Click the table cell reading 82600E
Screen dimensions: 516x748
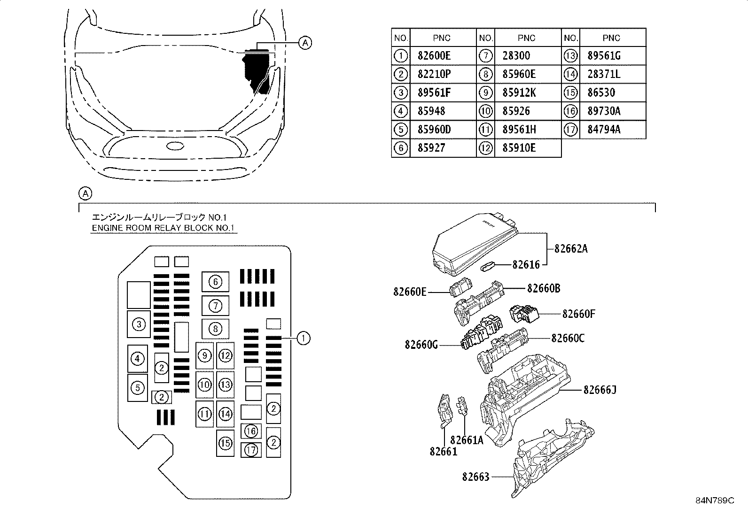point(434,56)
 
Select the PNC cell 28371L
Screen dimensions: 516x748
point(604,74)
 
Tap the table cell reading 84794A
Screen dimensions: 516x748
point(604,130)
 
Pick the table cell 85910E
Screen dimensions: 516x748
point(519,148)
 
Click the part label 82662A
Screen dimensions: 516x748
point(571,249)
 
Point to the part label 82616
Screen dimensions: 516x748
point(526,265)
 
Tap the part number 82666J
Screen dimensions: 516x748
point(600,390)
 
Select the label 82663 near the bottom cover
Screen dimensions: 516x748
point(475,477)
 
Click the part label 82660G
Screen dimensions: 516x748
point(421,345)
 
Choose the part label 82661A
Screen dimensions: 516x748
point(466,440)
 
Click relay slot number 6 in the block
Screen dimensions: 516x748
point(215,282)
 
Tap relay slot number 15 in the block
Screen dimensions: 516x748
point(226,443)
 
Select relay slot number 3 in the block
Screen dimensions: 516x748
point(139,324)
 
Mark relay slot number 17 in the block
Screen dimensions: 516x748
point(251,450)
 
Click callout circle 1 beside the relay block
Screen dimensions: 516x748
point(304,338)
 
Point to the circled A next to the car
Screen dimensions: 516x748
point(305,43)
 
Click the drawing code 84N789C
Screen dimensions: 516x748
point(715,501)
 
